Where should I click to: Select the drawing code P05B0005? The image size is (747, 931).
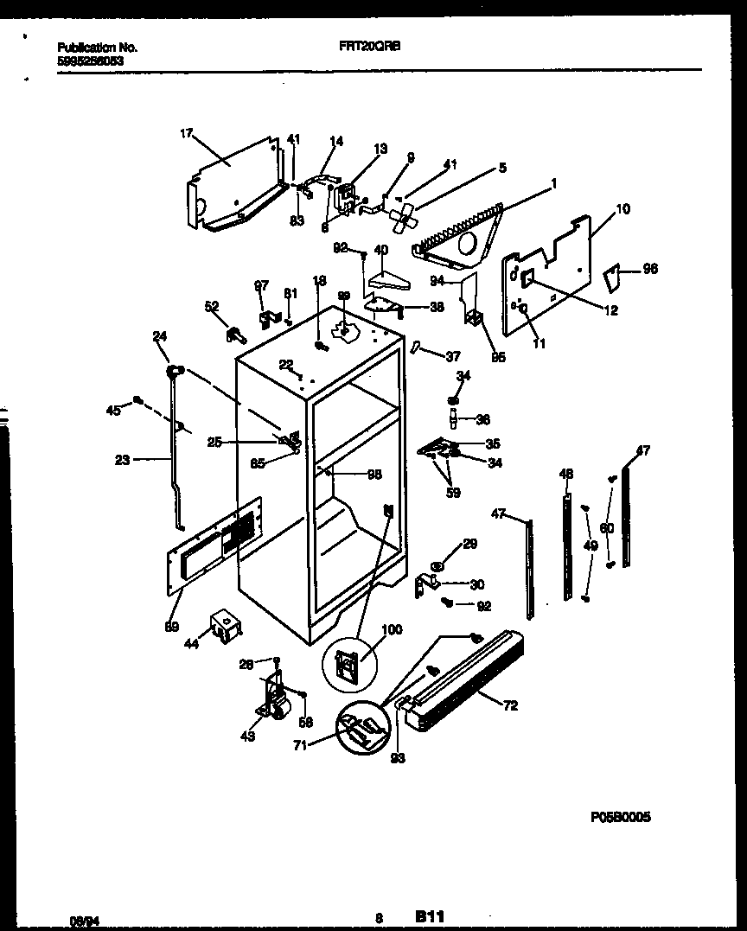pos(620,815)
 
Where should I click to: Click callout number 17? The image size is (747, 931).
pos(185,132)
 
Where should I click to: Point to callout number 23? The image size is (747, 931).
pos(122,461)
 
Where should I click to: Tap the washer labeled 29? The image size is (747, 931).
pos(438,567)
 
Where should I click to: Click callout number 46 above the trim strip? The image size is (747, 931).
pos(566,474)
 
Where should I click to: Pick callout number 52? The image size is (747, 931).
pos(212,306)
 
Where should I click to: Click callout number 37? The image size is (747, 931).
pos(452,356)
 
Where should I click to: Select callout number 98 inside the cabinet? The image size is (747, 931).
pos(373,474)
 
